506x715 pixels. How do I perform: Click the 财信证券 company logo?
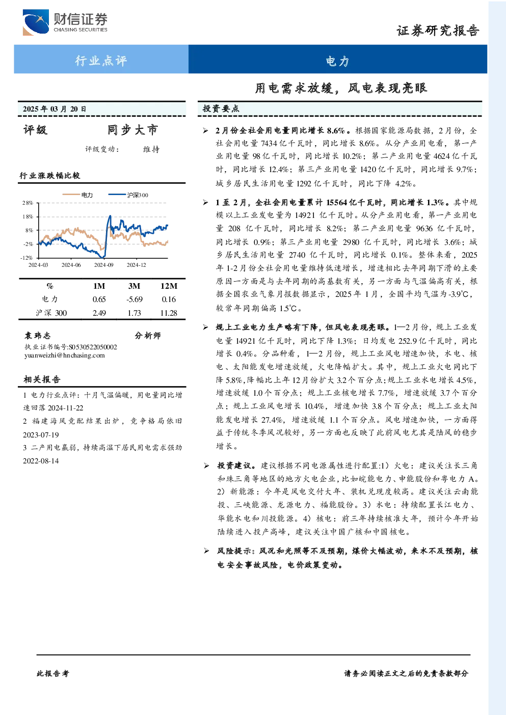[65, 22]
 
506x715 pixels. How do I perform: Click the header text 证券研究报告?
[438, 31]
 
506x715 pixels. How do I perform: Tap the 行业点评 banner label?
[101, 60]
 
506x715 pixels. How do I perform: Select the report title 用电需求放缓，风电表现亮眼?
[341, 88]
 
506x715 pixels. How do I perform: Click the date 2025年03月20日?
[55, 109]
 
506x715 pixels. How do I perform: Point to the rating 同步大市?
[132, 129]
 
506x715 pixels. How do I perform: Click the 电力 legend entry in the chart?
[77, 195]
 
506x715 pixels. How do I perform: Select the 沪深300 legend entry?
[128, 195]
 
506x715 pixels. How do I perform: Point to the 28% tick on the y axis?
[28, 203]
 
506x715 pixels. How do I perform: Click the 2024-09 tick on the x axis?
[103, 265]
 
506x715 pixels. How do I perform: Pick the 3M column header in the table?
[134, 286]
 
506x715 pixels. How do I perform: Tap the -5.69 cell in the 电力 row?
[135, 299]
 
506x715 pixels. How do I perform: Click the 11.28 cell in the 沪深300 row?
[169, 313]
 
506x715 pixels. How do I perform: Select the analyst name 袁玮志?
[37, 336]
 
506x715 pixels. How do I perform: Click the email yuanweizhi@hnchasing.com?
[65, 355]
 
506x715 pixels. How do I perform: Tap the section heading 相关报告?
[42, 379]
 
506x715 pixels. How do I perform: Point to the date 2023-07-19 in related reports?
[41, 435]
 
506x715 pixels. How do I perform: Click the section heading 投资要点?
[221, 108]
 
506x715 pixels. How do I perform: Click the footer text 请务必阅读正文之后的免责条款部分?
[406, 674]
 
